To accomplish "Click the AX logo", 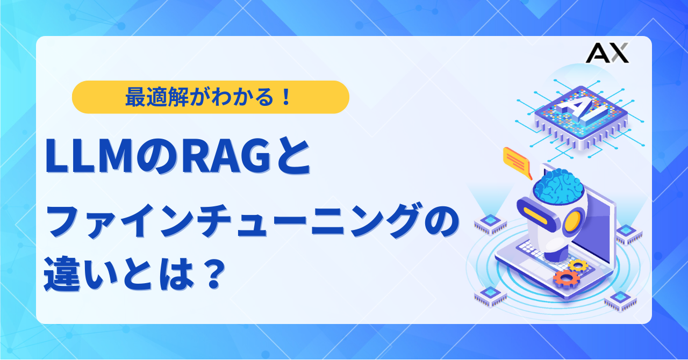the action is pyautogui.click(x=607, y=53).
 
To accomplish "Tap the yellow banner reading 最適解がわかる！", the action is pyautogui.click(x=210, y=97).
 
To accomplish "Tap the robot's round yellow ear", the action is pyautogui.click(x=573, y=222).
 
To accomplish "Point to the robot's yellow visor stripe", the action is pyautogui.click(x=535, y=215).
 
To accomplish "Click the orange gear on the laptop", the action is pyautogui.click(x=567, y=278).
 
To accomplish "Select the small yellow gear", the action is pyautogui.click(x=578, y=265).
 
